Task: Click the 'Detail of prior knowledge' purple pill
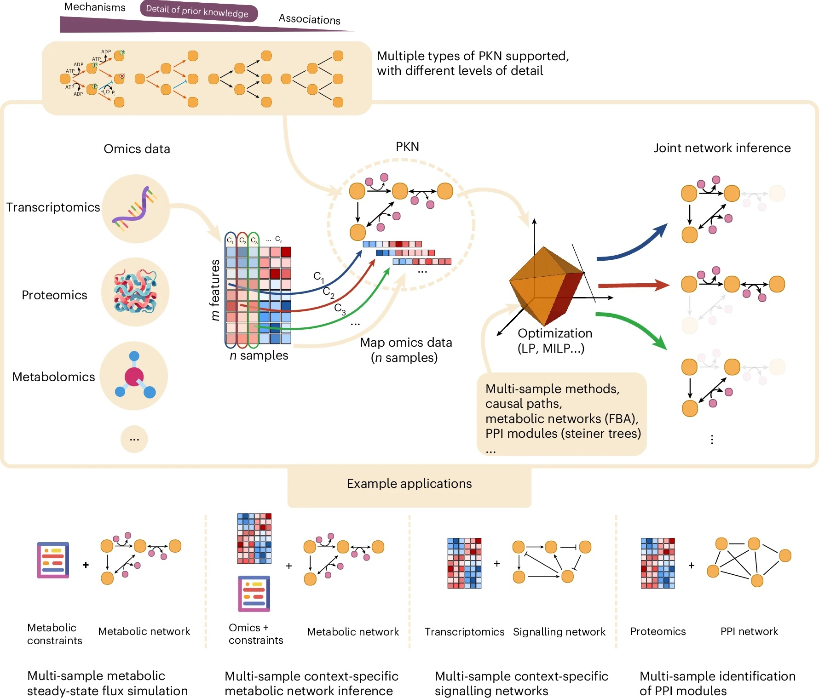(198, 11)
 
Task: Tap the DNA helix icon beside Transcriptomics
(135, 208)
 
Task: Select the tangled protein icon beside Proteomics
(135, 292)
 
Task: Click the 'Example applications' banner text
(409, 484)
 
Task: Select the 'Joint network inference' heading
(722, 148)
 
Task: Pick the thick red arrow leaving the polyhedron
(633, 286)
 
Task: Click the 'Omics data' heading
(137, 149)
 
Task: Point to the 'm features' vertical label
(214, 290)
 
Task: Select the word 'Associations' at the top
(309, 19)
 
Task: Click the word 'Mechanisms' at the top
(94, 7)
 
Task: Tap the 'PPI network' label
(749, 631)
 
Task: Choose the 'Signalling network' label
(559, 632)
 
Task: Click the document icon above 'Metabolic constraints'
(53, 560)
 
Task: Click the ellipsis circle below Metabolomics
(134, 439)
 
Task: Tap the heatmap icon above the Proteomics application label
(658, 563)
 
